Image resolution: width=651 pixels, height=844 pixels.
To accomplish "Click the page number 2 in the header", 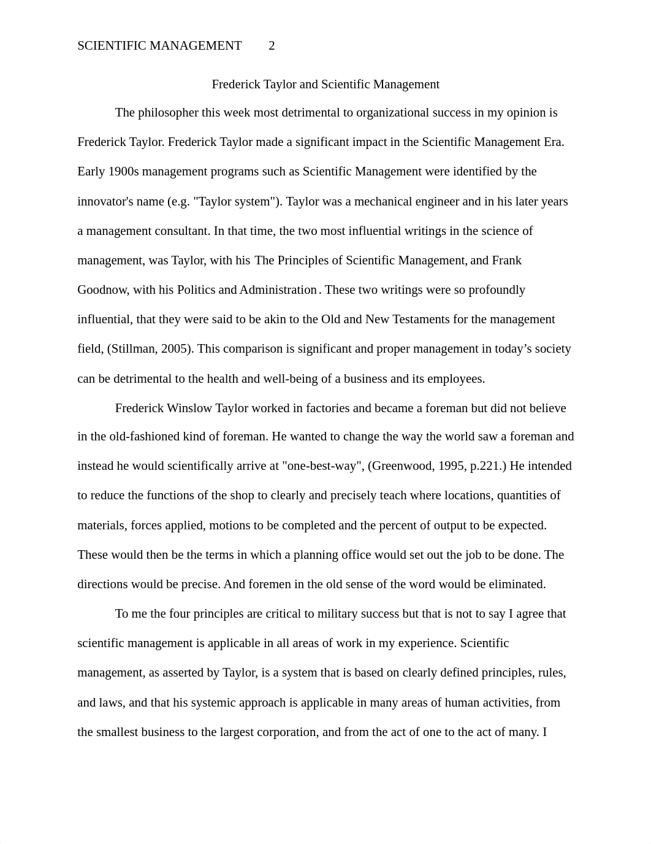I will (x=272, y=46).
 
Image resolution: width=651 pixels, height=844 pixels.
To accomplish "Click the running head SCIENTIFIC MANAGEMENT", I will (x=159, y=46).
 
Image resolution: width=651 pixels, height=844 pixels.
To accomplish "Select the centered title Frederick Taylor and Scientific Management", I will (x=325, y=85).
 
